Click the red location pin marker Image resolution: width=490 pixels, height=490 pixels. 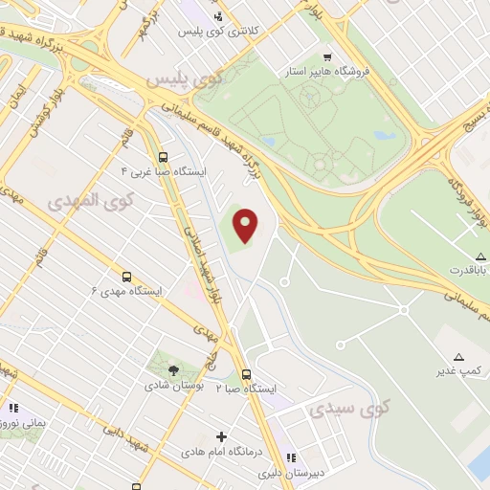(x=246, y=225)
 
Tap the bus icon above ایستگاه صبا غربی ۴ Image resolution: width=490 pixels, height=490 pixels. (x=163, y=156)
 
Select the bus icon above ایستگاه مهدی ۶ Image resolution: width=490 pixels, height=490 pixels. (x=126, y=276)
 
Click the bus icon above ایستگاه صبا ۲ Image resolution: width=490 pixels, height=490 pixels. (x=246, y=374)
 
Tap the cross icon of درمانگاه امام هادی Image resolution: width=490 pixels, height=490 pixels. (x=222, y=436)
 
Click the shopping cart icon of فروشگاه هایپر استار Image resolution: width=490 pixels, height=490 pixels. (x=328, y=56)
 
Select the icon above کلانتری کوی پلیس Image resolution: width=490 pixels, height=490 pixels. (x=218, y=15)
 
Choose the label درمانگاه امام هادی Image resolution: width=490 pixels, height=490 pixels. (x=222, y=450)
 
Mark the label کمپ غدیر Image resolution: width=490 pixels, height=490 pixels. (x=457, y=369)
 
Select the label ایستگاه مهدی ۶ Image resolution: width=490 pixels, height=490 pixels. (x=126, y=290)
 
